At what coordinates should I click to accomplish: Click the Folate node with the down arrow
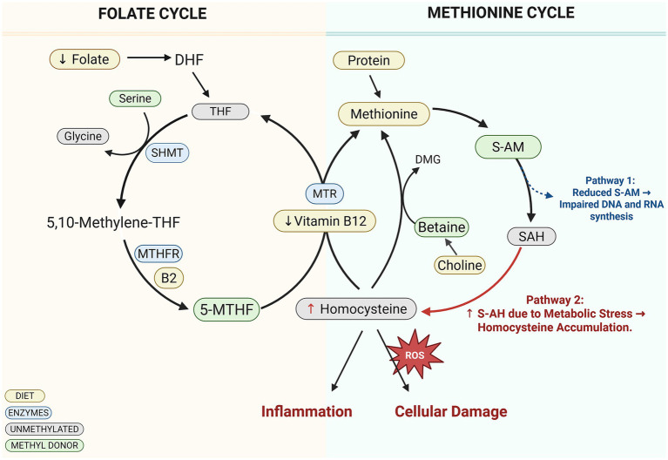(x=84, y=59)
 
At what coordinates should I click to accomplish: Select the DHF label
(x=189, y=60)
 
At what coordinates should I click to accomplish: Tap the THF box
(x=220, y=112)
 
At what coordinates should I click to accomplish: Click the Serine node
(x=135, y=98)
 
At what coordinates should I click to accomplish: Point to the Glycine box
(x=83, y=136)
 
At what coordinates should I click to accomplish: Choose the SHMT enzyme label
(x=167, y=152)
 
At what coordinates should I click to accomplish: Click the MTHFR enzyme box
(x=159, y=254)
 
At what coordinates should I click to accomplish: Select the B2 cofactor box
(x=169, y=278)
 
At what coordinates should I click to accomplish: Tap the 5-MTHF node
(x=226, y=309)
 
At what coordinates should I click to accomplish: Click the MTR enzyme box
(x=325, y=193)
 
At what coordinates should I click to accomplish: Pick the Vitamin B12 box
(x=325, y=220)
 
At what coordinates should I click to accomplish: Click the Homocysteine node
(x=356, y=308)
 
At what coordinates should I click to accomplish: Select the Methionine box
(x=384, y=114)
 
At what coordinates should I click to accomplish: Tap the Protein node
(x=368, y=60)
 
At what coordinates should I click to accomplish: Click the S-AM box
(x=508, y=147)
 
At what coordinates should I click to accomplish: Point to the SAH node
(x=531, y=236)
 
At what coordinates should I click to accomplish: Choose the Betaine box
(x=442, y=227)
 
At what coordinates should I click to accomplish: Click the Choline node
(x=460, y=265)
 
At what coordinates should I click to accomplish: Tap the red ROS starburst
(x=415, y=355)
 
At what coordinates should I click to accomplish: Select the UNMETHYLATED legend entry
(x=44, y=429)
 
